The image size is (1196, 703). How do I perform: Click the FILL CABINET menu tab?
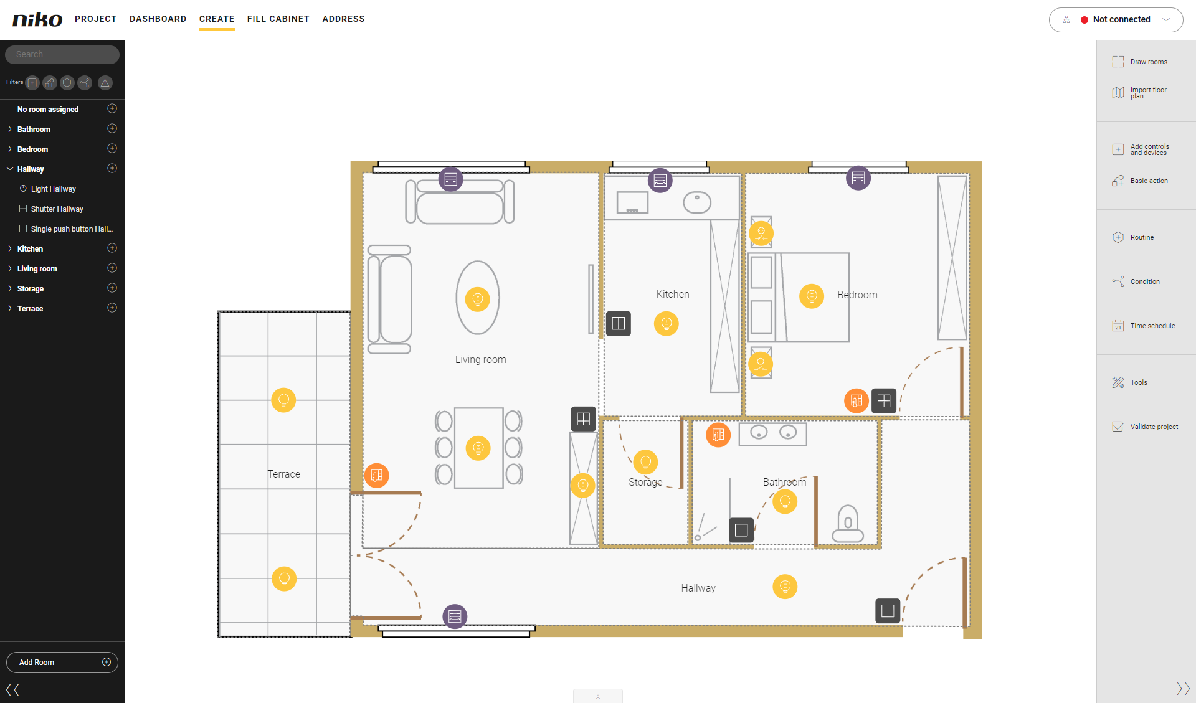278,19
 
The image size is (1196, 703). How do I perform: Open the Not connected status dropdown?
1116,20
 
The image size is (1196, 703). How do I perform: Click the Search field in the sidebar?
62,55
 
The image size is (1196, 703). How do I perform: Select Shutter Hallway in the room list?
57,209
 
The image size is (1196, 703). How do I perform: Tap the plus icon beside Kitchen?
112,248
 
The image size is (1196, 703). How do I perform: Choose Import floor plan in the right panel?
1139,93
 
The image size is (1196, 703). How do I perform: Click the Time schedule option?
1144,326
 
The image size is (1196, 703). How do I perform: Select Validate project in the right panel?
1145,427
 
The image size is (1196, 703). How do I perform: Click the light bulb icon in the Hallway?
785,587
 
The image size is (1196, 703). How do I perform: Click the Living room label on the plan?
480,360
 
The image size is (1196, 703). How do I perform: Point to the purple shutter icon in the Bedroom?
858,178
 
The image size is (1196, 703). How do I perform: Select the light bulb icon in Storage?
645,462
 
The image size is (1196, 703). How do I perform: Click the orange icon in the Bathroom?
718,435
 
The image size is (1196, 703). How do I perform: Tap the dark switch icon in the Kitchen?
619,323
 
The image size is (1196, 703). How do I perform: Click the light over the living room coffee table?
478,299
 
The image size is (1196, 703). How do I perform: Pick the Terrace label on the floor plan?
284,474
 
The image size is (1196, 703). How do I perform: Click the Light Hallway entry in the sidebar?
54,189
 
